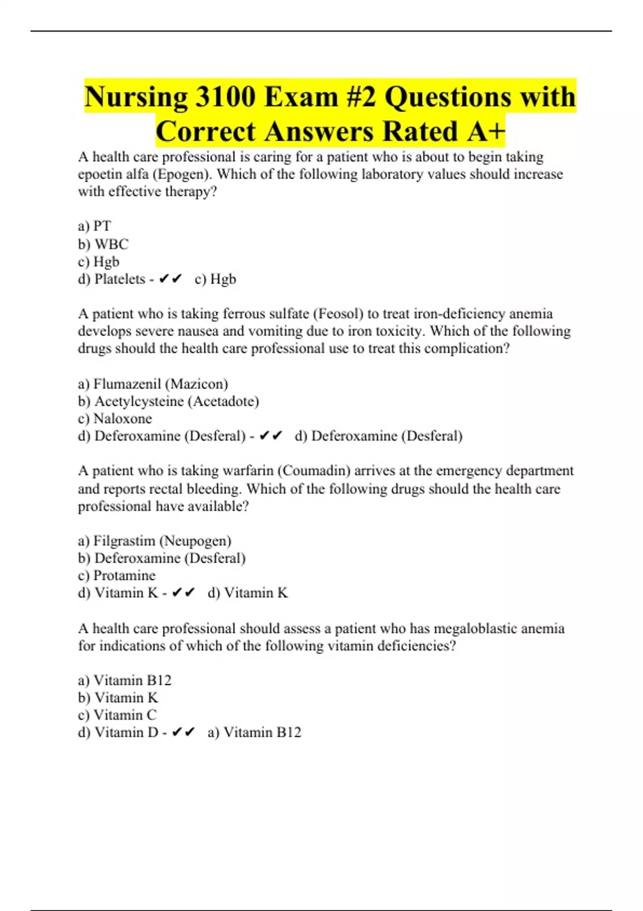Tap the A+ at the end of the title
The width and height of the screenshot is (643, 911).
485,132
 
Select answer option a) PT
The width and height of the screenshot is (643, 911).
94,226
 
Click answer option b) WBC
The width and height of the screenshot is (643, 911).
103,244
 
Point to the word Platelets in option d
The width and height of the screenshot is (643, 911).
119,279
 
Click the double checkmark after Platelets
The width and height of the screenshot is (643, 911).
171,279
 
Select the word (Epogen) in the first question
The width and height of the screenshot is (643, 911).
182,174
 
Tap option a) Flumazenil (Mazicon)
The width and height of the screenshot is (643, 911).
153,384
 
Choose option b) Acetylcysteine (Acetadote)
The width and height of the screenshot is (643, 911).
168,401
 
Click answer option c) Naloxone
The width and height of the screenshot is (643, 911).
115,419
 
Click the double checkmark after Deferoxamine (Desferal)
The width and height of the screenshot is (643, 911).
271,436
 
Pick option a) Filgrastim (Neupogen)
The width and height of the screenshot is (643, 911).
154,541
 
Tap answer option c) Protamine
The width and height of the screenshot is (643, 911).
116,576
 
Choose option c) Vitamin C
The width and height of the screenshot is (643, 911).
117,715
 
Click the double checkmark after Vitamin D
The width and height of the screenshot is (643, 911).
184,733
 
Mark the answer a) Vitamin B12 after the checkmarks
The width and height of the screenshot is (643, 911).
254,733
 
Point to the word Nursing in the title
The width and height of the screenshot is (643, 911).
136,97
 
